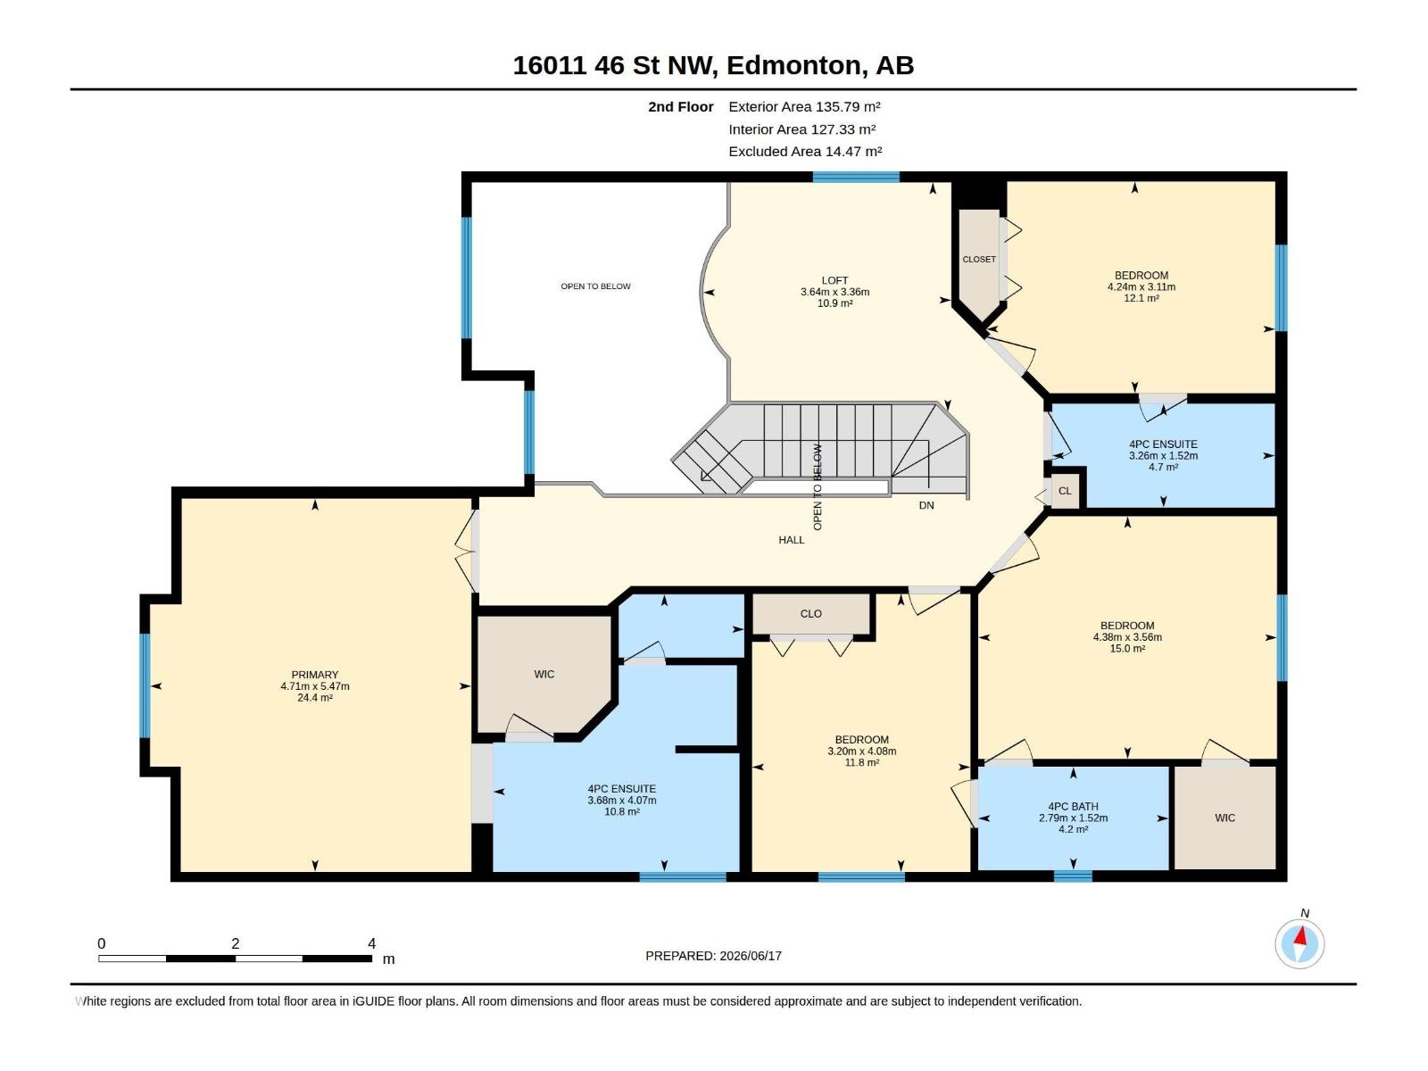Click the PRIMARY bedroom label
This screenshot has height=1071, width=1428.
[x=315, y=675]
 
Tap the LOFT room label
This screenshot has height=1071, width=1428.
[x=834, y=280]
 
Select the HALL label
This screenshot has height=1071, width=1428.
[x=791, y=540]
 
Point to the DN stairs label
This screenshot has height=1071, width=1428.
[x=926, y=505]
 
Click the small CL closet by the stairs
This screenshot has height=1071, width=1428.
[x=1065, y=490]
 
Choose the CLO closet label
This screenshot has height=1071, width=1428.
[x=810, y=613]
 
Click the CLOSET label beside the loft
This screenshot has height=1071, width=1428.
[x=979, y=259]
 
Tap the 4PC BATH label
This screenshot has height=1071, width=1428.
[x=1073, y=806]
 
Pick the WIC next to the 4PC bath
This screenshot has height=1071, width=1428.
[x=1225, y=818]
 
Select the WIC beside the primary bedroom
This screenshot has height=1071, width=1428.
[x=544, y=674]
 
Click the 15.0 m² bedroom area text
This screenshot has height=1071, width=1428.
[x=1127, y=648]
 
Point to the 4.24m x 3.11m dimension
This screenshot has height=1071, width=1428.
[x=1142, y=286]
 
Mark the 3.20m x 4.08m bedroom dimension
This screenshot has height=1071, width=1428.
[x=861, y=751]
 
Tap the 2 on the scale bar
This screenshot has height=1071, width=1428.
[x=236, y=943]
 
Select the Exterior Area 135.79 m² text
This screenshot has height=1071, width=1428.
[x=804, y=106]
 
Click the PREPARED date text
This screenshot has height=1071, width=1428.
[x=713, y=956]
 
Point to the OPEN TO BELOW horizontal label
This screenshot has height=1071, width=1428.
[x=595, y=286]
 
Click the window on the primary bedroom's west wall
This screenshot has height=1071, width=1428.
[x=145, y=685]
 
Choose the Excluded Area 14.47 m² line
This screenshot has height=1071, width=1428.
[x=805, y=152]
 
